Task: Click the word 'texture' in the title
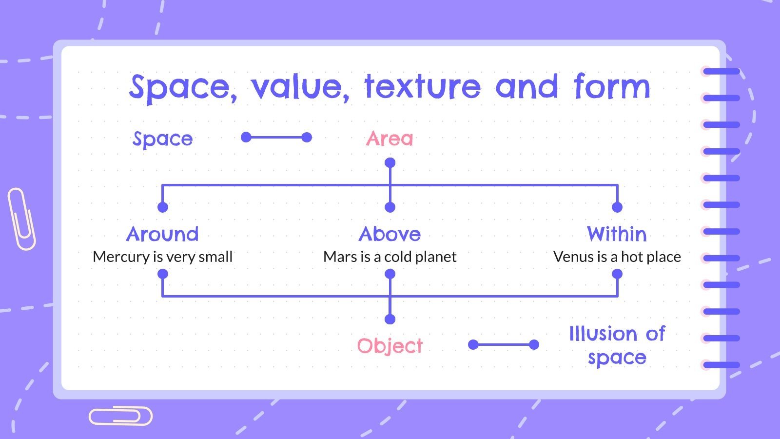coord(422,87)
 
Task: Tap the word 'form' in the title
coord(611,87)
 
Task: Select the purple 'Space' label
coord(163,139)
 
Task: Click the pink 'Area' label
coord(390,139)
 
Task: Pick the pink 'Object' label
coord(390,346)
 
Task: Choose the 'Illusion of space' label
coord(617,345)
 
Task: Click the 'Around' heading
coord(163,234)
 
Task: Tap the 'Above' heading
coord(390,234)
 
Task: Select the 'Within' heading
coord(617,234)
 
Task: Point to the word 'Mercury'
coord(121,257)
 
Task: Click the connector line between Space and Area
coord(276,138)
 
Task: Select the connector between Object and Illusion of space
coord(504,345)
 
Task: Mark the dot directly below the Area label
coord(390,163)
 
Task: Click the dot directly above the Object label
coord(390,319)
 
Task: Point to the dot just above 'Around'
coord(163,207)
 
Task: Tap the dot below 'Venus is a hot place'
coord(617,274)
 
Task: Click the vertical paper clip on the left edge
coord(21,219)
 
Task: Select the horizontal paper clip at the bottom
coord(120,416)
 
